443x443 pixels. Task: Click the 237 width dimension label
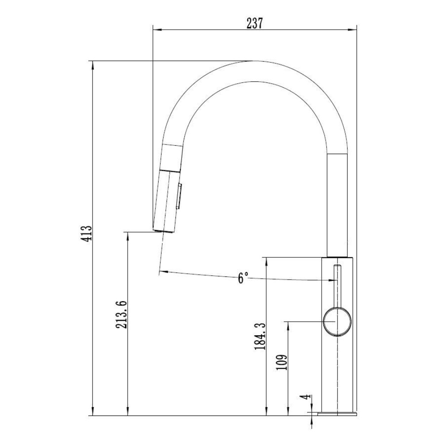click(255, 23)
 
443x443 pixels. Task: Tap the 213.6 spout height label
click(121, 315)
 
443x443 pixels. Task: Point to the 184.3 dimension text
click(260, 337)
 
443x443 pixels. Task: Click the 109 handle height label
click(282, 362)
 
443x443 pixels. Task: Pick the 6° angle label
click(242, 278)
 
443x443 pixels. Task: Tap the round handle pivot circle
click(337, 322)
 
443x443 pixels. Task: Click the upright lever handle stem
click(337, 286)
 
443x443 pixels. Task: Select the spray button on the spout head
click(179, 196)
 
